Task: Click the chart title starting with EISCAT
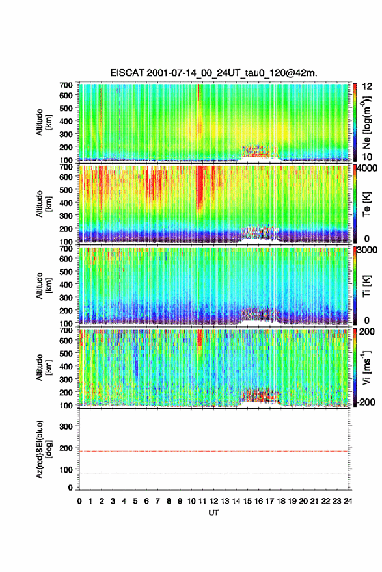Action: tap(213, 73)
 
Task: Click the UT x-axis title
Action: tap(213, 513)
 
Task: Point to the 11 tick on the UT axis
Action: tap(202, 501)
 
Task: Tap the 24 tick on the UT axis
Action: tap(348, 501)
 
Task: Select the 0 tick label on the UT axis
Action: tap(79, 501)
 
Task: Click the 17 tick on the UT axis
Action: tap(269, 501)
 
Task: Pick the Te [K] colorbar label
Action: tap(366, 204)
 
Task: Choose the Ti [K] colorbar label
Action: tap(366, 285)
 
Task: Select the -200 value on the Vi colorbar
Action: tap(365, 402)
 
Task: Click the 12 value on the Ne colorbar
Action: tap(368, 86)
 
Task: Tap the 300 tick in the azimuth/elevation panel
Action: tap(66, 426)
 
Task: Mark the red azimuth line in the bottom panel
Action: tap(213, 451)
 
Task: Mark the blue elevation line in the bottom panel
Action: tap(213, 473)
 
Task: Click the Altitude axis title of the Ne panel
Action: tap(44, 122)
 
